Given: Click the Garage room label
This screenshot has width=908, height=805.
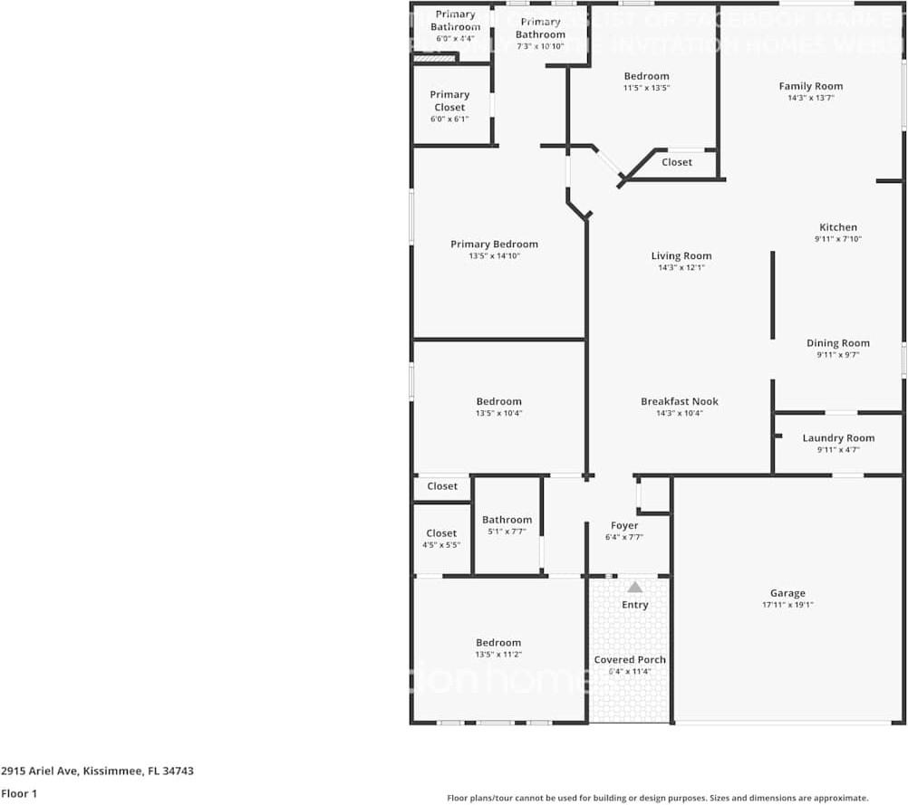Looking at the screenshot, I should tap(787, 593).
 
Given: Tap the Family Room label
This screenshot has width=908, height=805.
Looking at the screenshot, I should tap(810, 86).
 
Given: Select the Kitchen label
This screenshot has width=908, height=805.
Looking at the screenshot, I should tap(837, 227).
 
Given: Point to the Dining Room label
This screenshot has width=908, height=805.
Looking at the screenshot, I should tap(837, 343).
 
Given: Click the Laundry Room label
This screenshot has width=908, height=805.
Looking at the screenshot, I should tap(838, 438).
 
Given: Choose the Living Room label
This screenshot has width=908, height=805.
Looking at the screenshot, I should tap(681, 256).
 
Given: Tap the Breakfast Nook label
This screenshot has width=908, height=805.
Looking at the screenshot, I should tap(679, 401).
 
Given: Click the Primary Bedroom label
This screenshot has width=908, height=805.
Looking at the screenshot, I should tap(494, 244).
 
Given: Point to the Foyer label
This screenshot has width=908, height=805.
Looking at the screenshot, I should tap(624, 525).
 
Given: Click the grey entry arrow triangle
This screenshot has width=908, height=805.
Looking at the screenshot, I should tap(635, 587).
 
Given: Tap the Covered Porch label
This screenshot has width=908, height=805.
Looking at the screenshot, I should tap(630, 659).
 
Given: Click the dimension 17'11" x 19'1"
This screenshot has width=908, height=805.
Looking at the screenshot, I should tap(787, 605).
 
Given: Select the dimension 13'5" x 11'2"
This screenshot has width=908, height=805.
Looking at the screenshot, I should tap(498, 654).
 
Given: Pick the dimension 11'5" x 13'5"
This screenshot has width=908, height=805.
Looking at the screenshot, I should tap(646, 88).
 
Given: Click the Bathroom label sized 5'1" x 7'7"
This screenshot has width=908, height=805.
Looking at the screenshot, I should tap(507, 520).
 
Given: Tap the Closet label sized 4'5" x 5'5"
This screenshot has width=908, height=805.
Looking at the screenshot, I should tap(441, 533).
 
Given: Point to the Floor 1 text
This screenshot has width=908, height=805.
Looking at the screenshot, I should tap(19, 793).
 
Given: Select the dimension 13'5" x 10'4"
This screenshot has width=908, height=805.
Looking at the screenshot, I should tap(498, 413).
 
